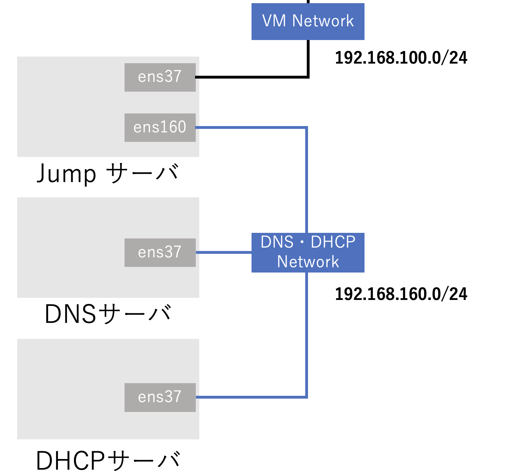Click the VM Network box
coord(308,21)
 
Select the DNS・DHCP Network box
coord(308,252)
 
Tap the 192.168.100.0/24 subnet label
coord(401,58)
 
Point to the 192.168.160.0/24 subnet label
coord(401,294)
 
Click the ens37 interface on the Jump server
coord(160,77)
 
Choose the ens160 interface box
coord(160,127)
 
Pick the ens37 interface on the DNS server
coord(160,253)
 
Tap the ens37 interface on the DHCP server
coord(160,397)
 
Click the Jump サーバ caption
coord(108,174)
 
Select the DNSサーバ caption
coord(108,314)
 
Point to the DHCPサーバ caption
coord(108,460)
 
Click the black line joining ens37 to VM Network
coord(253,77)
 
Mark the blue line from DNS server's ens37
coord(223,252)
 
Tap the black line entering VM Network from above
coord(308,1)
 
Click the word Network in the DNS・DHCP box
coord(308,262)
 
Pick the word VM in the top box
coord(274,21)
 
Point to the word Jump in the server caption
coord(66,174)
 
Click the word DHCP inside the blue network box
coord(333,242)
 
